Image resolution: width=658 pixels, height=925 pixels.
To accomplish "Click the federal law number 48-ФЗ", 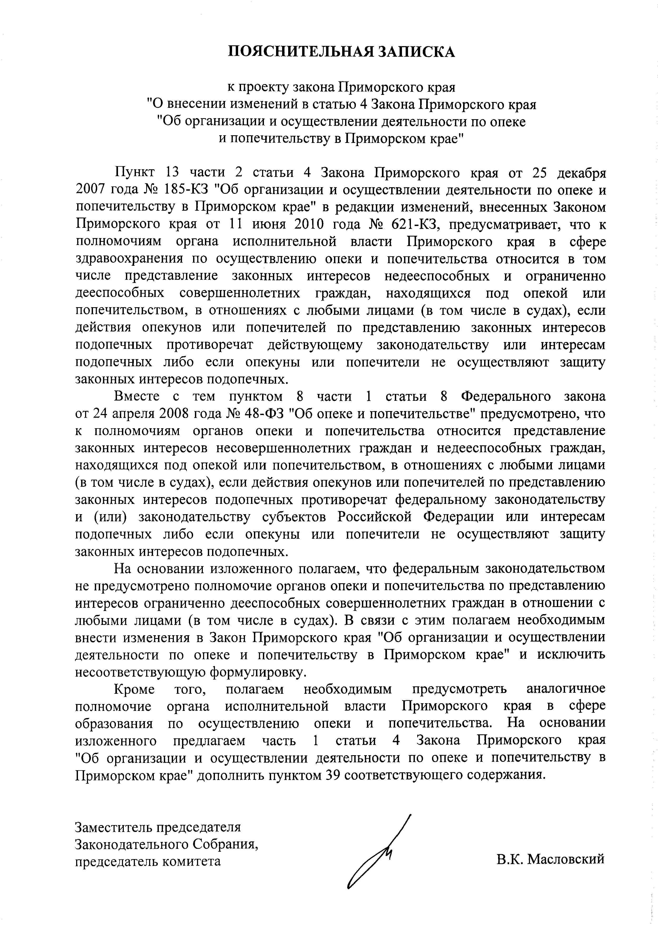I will (x=265, y=413).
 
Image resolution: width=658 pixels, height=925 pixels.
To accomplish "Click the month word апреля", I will (x=134, y=413).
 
